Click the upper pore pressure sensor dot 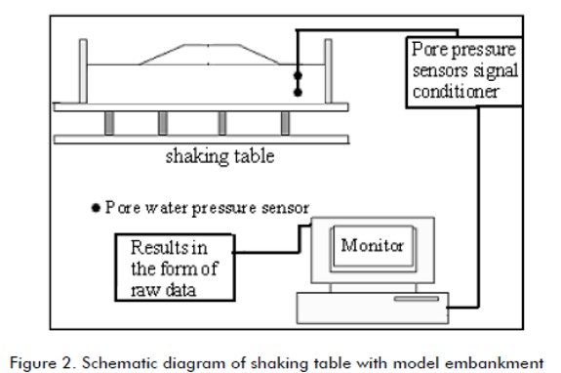298,75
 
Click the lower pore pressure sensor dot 298,93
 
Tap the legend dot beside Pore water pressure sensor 96,208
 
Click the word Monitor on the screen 372,245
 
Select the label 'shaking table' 220,156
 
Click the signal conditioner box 464,72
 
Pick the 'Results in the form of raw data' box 175,268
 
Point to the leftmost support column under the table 109,123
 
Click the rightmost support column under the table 285,123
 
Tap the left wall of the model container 83,71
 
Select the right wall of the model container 328,71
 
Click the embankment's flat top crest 212,45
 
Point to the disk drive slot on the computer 417,299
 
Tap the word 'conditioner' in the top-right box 456,92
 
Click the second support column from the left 163,123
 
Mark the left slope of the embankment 162,55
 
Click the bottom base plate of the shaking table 201,140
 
